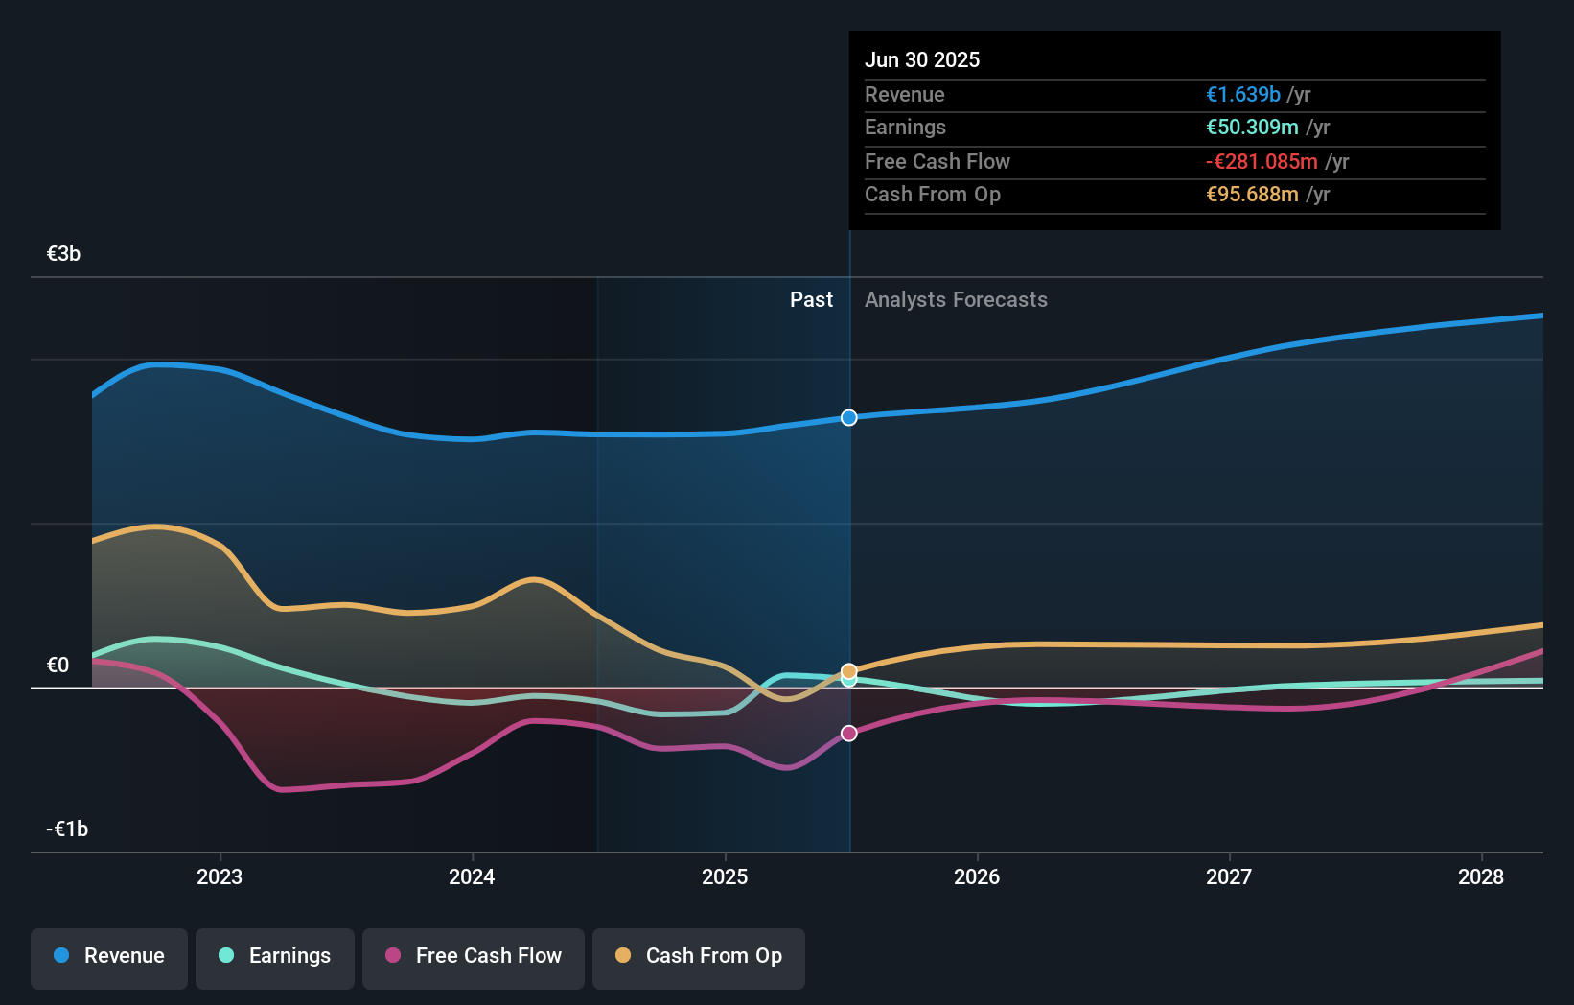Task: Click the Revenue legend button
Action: (x=109, y=957)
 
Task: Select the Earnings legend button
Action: (x=275, y=957)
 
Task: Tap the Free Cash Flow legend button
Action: (x=474, y=957)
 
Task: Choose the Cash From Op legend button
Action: (x=699, y=957)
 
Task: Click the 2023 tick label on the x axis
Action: (x=220, y=876)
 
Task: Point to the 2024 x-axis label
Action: (x=472, y=876)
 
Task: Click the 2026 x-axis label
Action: (x=977, y=876)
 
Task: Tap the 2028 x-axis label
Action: (x=1481, y=876)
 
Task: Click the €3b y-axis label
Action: (x=63, y=254)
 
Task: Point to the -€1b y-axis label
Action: (x=67, y=830)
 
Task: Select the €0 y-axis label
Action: (x=58, y=666)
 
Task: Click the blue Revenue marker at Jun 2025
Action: (x=849, y=417)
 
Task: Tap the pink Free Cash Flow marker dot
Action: (x=849, y=734)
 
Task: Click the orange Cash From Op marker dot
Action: (x=849, y=670)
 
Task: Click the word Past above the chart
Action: (x=811, y=300)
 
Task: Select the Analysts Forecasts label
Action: (x=956, y=300)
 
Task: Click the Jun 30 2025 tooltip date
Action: (x=922, y=60)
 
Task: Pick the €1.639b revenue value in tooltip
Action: (x=1243, y=95)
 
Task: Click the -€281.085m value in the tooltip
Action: (x=1262, y=162)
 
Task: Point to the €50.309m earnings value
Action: (x=1252, y=128)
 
